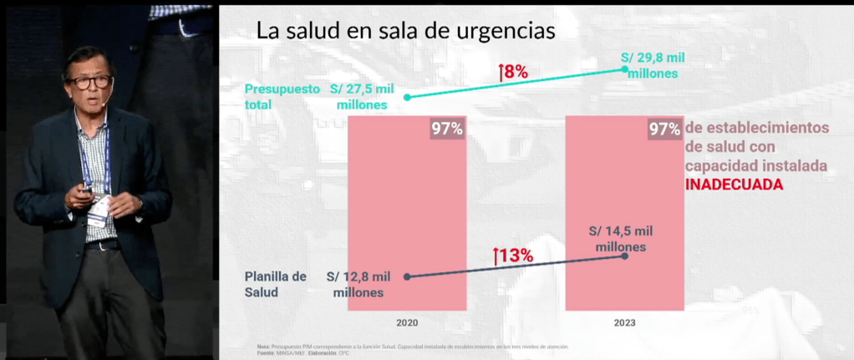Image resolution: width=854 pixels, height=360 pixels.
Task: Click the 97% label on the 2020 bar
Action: point(447,129)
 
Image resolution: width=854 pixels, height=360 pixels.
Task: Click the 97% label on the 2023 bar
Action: point(664,129)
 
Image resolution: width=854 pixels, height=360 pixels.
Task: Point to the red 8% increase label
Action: point(513,73)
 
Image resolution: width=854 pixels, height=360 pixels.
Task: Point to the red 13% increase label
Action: point(513,256)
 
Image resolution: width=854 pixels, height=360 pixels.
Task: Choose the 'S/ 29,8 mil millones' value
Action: point(653,65)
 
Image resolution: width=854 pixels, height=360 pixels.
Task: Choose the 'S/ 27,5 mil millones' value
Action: point(362,97)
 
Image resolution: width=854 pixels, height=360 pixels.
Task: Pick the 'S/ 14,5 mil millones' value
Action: point(620,239)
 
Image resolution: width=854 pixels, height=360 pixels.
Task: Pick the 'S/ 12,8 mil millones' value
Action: point(358,284)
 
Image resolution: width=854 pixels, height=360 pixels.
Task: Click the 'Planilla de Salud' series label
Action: point(275,284)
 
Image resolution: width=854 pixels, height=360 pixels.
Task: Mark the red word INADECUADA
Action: point(735,185)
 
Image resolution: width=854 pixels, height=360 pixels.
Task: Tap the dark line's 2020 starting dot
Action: point(407,276)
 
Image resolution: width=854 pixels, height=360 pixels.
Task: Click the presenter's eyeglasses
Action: point(89,82)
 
